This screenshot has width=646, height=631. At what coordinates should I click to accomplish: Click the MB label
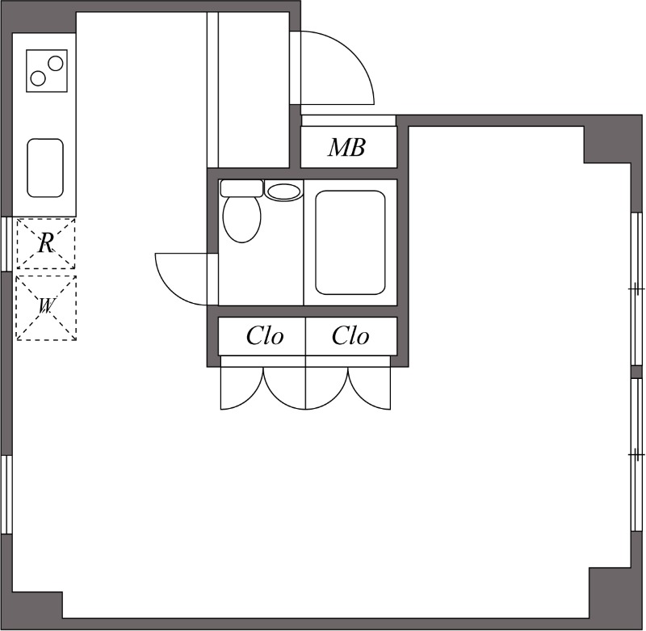pyautogui.click(x=346, y=148)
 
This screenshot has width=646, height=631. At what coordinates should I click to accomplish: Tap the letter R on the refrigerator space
pyautogui.click(x=46, y=242)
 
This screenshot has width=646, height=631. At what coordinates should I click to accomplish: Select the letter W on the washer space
pyautogui.click(x=46, y=306)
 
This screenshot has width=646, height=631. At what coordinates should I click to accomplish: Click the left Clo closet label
pyautogui.click(x=265, y=336)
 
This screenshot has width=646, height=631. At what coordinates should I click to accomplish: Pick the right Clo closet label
pyautogui.click(x=350, y=336)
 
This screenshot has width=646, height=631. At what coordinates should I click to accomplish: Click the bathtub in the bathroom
pyautogui.click(x=350, y=242)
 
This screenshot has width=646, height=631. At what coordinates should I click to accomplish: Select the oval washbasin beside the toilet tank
pyautogui.click(x=283, y=191)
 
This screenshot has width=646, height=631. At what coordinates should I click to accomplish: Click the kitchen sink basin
pyautogui.click(x=45, y=167)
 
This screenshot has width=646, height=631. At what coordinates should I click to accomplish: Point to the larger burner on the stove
pyautogui.click(x=55, y=61)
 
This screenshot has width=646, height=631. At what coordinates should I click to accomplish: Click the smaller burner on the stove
pyautogui.click(x=38, y=78)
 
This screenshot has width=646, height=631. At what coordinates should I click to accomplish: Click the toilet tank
pyautogui.click(x=241, y=188)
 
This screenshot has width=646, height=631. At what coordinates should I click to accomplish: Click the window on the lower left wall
pyautogui.click(x=6, y=494)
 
